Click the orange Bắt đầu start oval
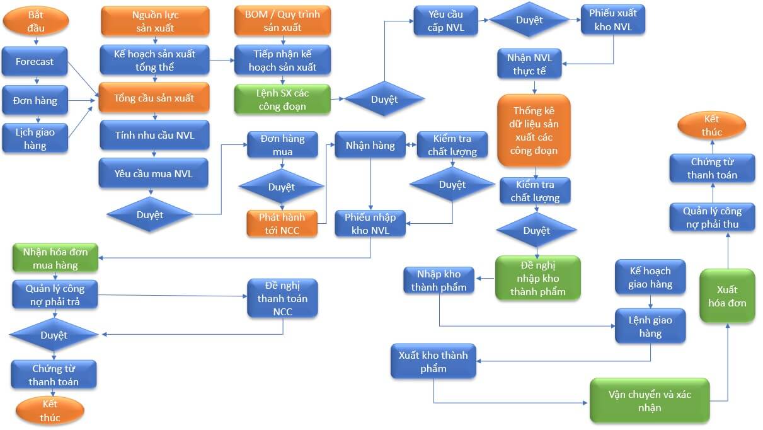[x=36, y=21]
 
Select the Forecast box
[x=35, y=62]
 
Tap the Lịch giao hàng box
[x=35, y=139]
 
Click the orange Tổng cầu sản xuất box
[x=154, y=98]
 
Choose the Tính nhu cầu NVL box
[x=154, y=136]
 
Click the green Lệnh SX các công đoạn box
[x=282, y=99]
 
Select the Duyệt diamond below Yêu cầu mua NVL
[x=149, y=214]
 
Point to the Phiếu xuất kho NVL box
[x=613, y=20]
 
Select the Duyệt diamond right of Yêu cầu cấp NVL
[x=529, y=20]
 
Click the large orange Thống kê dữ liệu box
[x=534, y=131]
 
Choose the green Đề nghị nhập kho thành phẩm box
[x=537, y=277]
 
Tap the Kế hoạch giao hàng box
[x=650, y=277]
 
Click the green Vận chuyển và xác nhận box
[x=649, y=400]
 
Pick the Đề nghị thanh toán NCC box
[x=282, y=298]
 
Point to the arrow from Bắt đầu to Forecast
[x=36, y=41]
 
